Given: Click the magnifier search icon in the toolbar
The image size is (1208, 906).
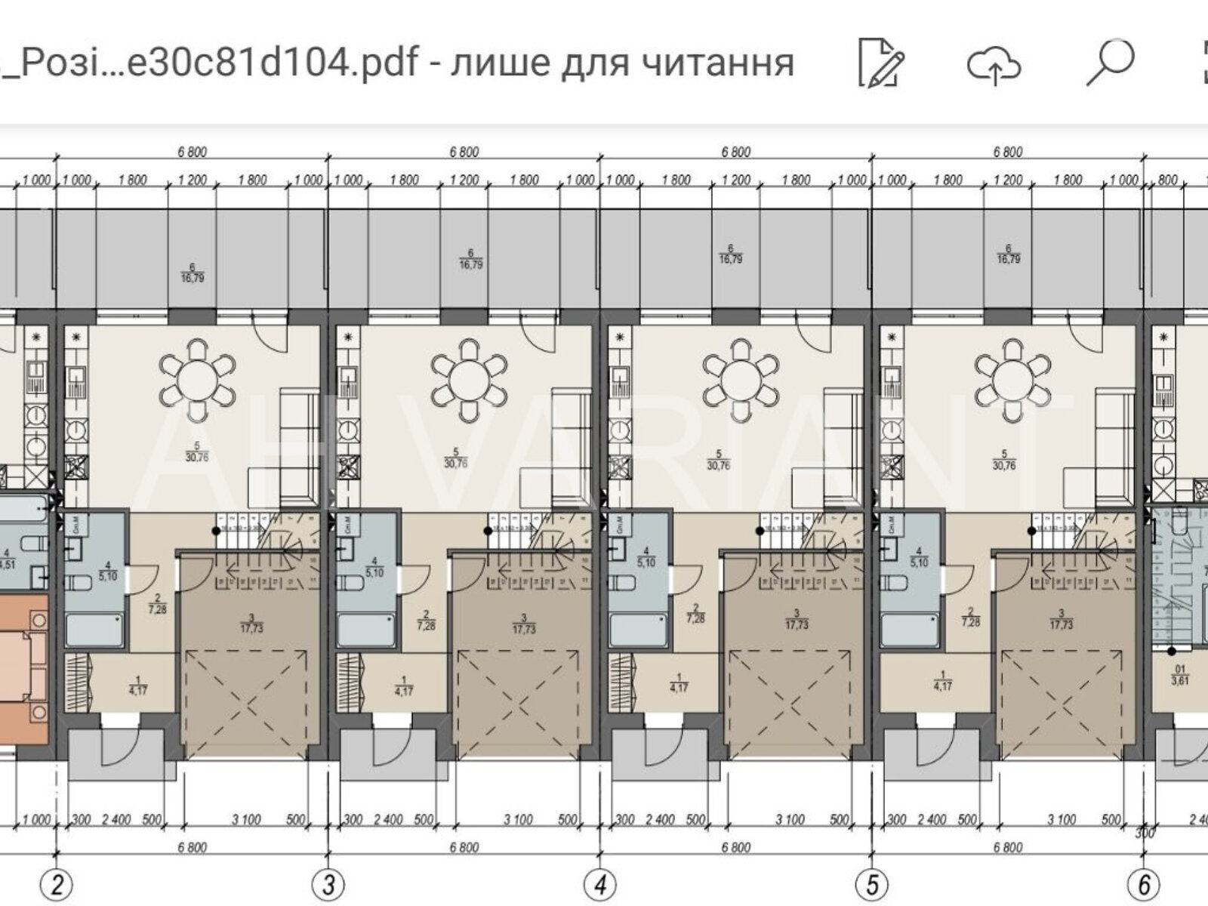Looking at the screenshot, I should pos(1110,62).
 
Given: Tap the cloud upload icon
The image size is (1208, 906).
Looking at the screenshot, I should pos(994,63).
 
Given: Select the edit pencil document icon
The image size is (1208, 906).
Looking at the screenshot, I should pos(880,63).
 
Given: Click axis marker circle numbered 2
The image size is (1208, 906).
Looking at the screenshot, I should pos(57,883).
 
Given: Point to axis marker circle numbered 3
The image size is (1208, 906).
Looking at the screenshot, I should pos(329,883).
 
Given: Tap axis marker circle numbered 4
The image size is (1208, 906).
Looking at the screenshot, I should pos(600,883).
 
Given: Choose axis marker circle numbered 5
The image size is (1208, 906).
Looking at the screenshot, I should pos(872,883).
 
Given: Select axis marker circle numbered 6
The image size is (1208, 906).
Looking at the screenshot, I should pos(1144,883).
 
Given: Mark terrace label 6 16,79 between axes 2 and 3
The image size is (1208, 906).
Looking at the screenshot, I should pos(193,272).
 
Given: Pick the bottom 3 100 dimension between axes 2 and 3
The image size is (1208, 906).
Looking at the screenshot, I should pos(247,820).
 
